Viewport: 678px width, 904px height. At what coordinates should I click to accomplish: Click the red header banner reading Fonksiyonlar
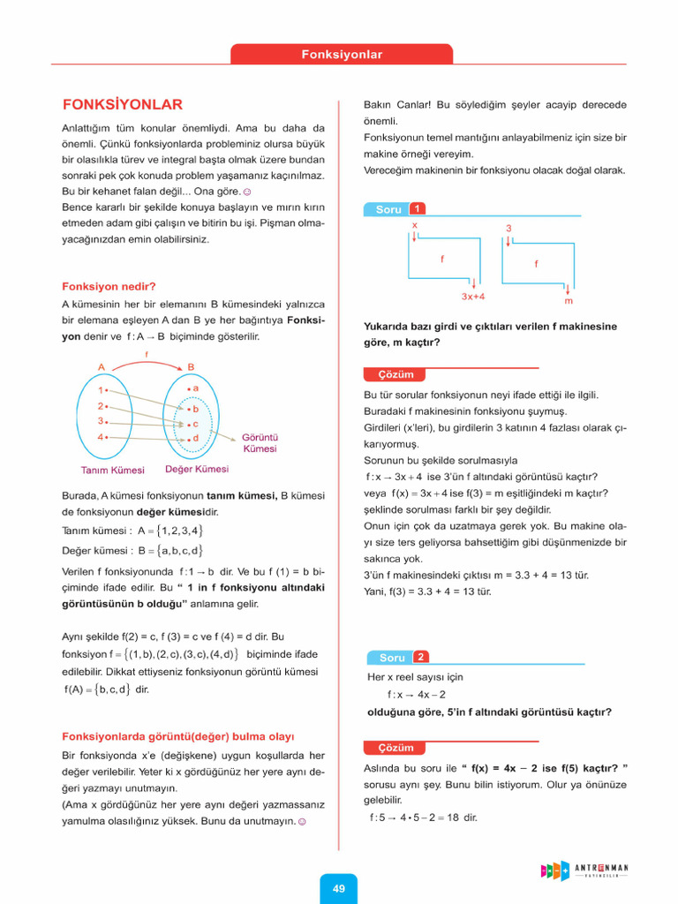coord(342,55)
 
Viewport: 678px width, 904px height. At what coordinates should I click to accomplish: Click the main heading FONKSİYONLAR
coord(122,104)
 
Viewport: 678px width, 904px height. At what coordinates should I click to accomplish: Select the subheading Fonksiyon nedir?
coord(109,286)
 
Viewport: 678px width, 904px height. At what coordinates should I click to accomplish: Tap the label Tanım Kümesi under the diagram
coord(112,471)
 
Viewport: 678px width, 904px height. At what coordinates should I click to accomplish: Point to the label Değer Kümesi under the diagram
coord(196,470)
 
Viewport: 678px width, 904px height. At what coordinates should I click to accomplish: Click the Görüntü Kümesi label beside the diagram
coord(260,442)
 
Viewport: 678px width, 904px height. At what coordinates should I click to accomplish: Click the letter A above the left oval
coord(102,366)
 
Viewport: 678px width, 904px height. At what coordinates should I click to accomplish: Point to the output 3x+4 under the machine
coord(473,297)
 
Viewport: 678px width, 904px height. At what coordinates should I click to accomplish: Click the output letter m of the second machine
coord(568,300)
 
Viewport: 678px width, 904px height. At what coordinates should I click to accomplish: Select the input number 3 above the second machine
coord(508,229)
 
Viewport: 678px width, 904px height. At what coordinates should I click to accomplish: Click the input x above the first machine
coord(414,226)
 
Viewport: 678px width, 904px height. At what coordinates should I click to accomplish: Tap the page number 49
coord(339,888)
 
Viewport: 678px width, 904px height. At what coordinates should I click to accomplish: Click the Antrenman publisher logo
coord(584,870)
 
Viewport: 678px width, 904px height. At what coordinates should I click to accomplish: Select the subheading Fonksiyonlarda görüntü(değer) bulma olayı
coord(177,735)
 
